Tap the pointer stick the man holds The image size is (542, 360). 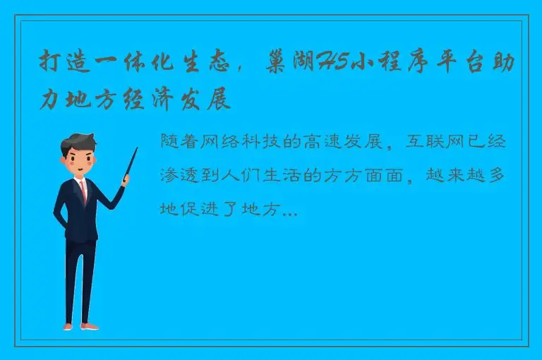pyautogui.click(x=131, y=160)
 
